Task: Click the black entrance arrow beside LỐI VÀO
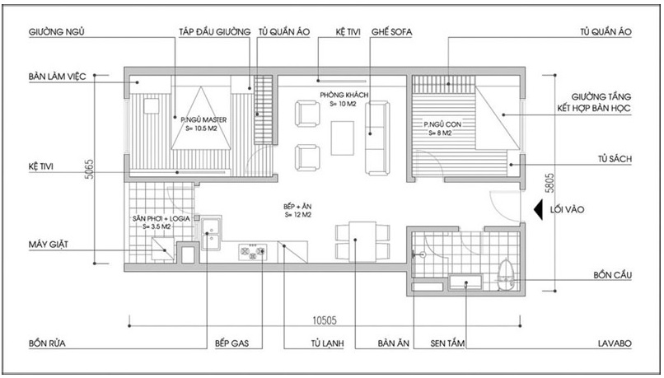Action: tap(538, 209)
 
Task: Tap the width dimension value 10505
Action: tap(325, 320)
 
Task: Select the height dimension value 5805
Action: tap(549, 183)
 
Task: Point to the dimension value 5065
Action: tap(89, 169)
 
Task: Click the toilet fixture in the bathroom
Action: tap(505, 275)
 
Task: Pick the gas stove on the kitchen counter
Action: tap(252, 251)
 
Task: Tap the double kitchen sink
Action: tap(211, 233)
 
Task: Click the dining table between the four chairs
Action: tap(362, 241)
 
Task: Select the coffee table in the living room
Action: tap(342, 138)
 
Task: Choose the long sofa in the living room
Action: tap(377, 138)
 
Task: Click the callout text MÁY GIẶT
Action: tap(49, 245)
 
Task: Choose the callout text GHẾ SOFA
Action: tap(391, 32)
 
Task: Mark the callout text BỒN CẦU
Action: tap(612, 275)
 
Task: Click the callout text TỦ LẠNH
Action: tap(327, 343)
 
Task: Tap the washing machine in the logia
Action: tap(163, 249)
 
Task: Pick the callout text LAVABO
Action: tap(615, 343)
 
